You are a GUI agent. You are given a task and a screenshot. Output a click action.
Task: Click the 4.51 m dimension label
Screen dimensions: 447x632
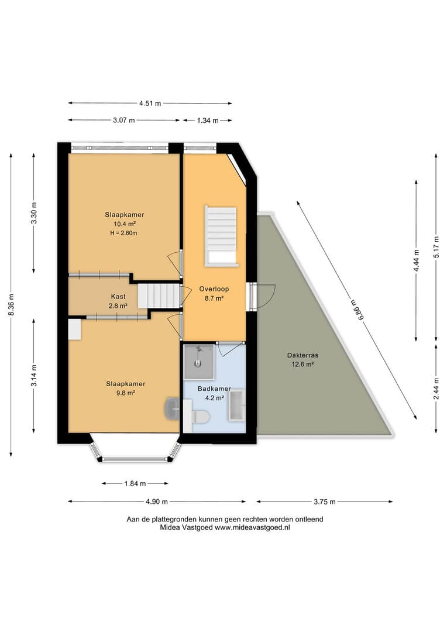coord(150,103)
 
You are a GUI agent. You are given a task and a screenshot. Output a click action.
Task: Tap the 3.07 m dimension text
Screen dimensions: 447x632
coord(123,120)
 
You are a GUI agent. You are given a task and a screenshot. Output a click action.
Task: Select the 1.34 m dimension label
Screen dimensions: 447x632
coord(208,121)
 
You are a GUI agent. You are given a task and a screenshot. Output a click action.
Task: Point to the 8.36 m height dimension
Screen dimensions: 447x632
coord(11,305)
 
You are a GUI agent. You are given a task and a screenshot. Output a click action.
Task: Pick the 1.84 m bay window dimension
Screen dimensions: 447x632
coord(135,483)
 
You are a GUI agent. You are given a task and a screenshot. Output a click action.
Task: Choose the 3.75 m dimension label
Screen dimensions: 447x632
coord(325,502)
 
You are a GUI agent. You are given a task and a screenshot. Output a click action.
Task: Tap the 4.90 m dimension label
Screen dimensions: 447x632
coord(157,502)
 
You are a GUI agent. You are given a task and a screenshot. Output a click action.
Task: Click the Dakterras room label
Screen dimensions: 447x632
coord(302,356)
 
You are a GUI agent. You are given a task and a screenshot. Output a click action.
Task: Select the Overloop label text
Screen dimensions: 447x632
coord(214,289)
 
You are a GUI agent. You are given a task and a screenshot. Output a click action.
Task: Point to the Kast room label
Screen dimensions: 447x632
coord(118,297)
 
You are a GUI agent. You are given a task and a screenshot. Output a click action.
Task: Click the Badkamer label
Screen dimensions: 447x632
coord(214,389)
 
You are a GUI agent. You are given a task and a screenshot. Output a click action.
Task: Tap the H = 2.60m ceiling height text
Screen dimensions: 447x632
coord(123,233)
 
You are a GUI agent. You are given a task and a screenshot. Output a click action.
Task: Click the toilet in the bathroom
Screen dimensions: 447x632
coord(200,417)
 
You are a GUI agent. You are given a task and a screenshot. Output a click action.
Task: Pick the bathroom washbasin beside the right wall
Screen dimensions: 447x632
coord(237,406)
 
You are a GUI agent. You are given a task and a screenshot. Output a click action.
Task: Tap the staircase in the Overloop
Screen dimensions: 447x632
coord(221,236)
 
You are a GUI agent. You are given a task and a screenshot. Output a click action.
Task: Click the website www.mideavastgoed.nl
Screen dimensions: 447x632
coord(252,528)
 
